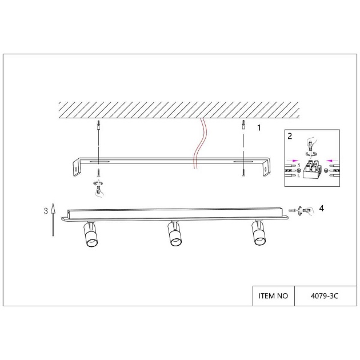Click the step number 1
(259, 127)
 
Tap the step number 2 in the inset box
(290, 136)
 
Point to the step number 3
(46, 211)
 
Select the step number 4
(321, 208)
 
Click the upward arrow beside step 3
(53, 219)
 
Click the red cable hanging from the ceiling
(199, 143)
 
